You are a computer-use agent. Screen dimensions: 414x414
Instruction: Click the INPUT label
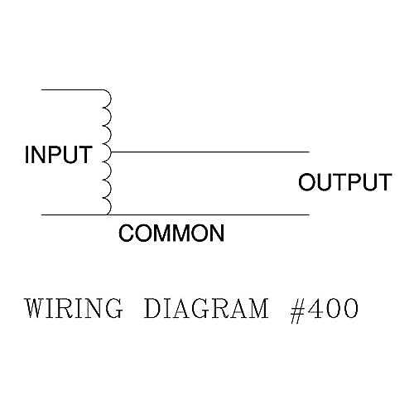tap(58, 155)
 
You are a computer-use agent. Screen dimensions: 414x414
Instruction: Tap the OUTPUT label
tap(345, 182)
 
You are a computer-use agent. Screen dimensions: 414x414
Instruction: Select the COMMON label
tap(171, 233)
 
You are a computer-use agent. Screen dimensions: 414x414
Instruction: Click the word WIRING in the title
tap(74, 308)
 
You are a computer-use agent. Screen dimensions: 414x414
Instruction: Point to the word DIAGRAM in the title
tap(206, 308)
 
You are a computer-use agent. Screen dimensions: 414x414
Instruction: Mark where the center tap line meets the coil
tap(111, 152)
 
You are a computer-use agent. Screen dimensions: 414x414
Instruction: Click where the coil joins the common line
tap(108, 214)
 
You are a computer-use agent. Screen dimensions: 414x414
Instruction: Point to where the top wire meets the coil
tap(103, 89)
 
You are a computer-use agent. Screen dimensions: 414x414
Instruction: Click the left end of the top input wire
tap(41, 89)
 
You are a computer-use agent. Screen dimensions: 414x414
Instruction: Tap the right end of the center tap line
tap(309, 152)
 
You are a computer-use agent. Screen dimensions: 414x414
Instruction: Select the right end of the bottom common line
tap(309, 214)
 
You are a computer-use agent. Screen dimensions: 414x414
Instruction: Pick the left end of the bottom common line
tap(41, 214)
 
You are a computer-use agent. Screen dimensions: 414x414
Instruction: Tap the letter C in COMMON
tap(127, 233)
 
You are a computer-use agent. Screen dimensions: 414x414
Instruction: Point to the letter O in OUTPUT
tap(306, 182)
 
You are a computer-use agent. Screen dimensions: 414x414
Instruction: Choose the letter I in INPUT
tap(27, 155)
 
